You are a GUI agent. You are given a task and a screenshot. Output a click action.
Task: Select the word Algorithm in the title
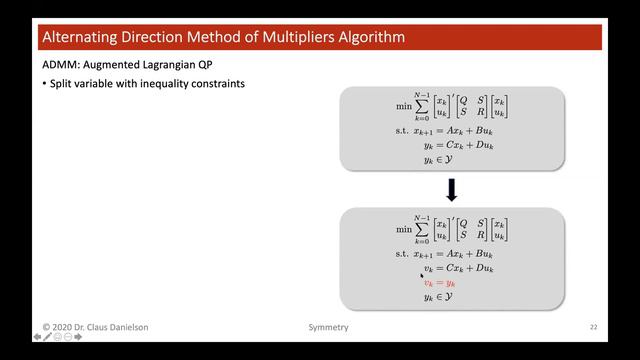(x=371, y=39)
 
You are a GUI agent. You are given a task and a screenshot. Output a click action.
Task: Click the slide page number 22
(x=593, y=327)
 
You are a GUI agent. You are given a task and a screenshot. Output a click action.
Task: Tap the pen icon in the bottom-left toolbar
(x=48, y=338)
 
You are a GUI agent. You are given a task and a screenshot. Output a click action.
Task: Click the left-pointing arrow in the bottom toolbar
(x=37, y=338)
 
